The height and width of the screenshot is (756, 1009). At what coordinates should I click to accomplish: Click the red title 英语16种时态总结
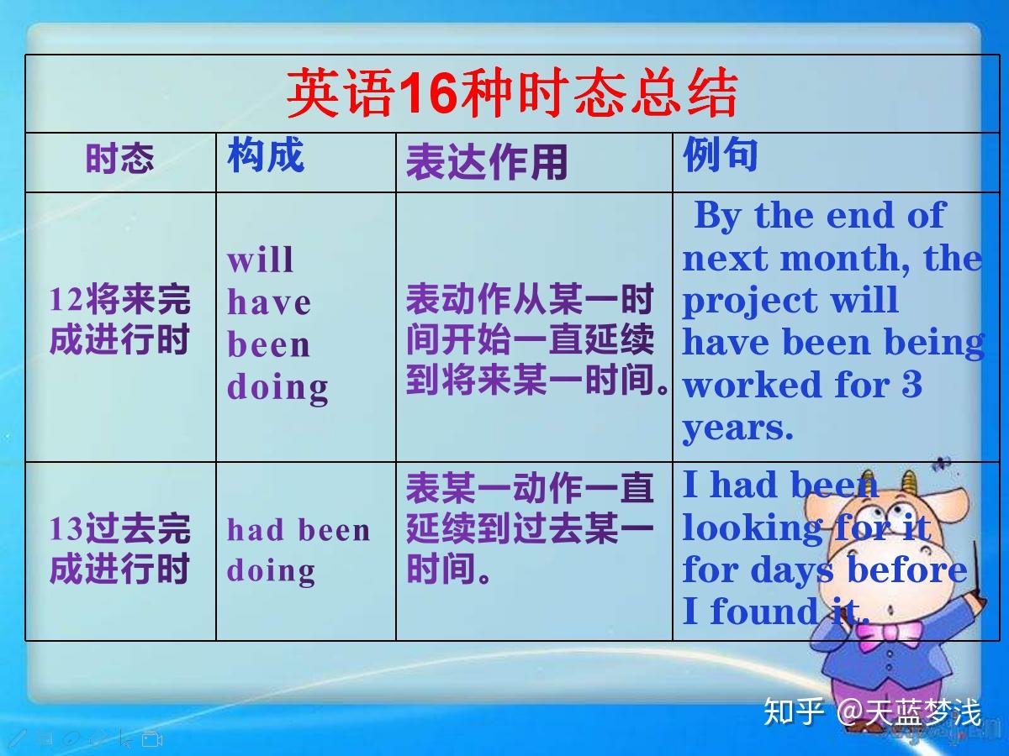(x=512, y=92)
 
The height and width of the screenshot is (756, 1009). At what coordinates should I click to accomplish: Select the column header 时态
(x=119, y=159)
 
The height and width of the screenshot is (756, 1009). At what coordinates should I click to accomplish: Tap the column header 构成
(x=266, y=155)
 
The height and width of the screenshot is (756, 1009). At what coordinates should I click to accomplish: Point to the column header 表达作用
(x=486, y=162)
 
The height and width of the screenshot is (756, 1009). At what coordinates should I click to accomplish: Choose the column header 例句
(x=720, y=155)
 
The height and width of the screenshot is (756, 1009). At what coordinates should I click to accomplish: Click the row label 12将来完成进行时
(x=119, y=319)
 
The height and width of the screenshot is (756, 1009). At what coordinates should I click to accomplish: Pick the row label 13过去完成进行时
(x=119, y=549)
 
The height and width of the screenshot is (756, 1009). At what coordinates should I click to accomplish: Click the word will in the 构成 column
(x=260, y=260)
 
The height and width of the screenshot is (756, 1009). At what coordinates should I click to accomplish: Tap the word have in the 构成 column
(x=269, y=302)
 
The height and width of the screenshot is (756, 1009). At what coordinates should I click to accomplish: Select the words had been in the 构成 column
(x=298, y=530)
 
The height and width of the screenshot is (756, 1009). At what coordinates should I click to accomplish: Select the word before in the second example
(x=907, y=570)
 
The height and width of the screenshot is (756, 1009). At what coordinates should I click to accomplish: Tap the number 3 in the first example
(x=911, y=384)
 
